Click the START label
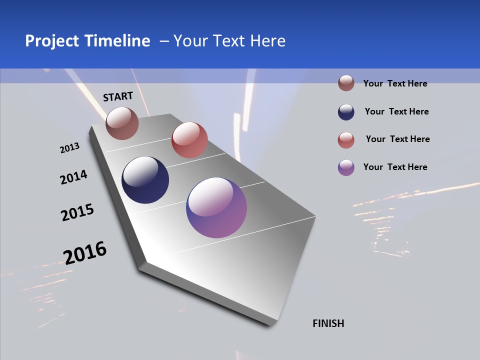click(x=118, y=96)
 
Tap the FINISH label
click(x=328, y=323)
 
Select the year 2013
click(x=69, y=148)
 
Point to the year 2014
click(x=73, y=177)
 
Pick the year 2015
click(x=77, y=212)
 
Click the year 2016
click(x=85, y=252)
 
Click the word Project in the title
click(x=51, y=41)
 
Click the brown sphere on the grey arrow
click(x=122, y=123)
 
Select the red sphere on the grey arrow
click(x=189, y=140)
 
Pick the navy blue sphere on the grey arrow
click(x=145, y=180)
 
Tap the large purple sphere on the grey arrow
click(x=216, y=207)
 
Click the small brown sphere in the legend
click(x=346, y=83)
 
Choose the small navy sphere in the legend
click(x=346, y=112)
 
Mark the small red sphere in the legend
click(x=346, y=140)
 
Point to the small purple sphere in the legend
click(x=346, y=167)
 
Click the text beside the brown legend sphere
click(x=395, y=83)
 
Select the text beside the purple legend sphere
click(x=395, y=167)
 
